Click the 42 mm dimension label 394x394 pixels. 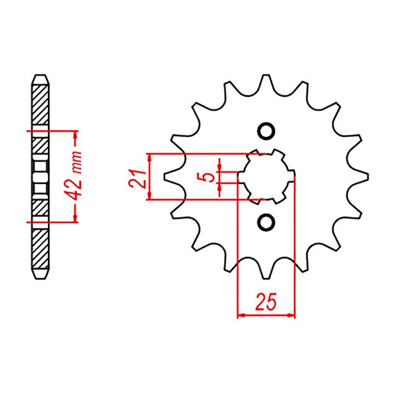point(75,176)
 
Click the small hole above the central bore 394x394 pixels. point(266,131)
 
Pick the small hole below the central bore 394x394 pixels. point(266,222)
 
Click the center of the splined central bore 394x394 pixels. point(266,177)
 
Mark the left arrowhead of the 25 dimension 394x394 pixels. point(241,314)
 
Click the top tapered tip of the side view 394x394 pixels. point(40,79)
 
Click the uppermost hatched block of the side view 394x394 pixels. point(40,106)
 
